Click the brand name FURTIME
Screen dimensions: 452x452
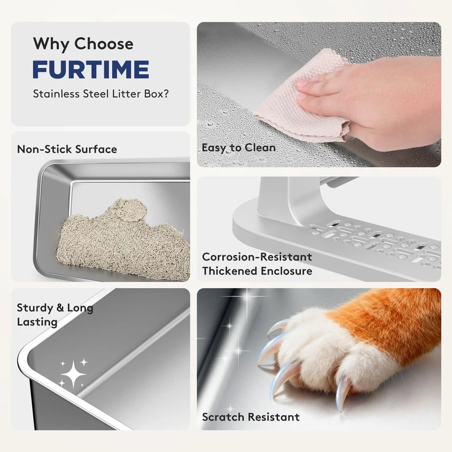(x=91, y=69)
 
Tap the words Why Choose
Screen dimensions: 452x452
(x=83, y=44)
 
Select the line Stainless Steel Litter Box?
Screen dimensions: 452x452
(x=101, y=94)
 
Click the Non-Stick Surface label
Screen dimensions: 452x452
(x=67, y=149)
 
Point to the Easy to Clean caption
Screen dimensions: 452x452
(x=238, y=147)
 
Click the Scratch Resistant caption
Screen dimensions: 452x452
(x=251, y=417)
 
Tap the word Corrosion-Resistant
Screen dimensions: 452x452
(x=257, y=257)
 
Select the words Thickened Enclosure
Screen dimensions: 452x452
(x=257, y=271)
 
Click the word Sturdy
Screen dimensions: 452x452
(x=35, y=308)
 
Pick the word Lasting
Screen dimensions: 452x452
(x=37, y=322)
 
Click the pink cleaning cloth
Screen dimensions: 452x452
(x=303, y=95)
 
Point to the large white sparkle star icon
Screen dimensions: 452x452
(x=73, y=374)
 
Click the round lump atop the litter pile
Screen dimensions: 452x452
(x=126, y=210)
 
